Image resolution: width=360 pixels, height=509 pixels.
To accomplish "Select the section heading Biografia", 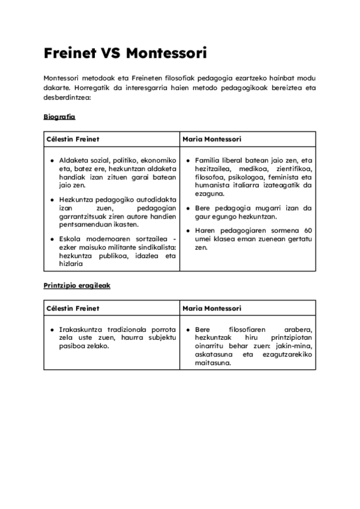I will (59, 116).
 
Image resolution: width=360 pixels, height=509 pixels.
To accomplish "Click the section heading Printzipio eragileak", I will (76, 286).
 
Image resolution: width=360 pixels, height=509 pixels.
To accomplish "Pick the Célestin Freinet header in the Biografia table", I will (73, 139).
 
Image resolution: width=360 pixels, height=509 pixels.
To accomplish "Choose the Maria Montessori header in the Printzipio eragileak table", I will (212, 309).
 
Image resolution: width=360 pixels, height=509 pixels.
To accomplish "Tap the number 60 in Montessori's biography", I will (308, 230).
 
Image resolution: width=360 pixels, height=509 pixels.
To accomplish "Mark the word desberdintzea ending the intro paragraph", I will (67, 96).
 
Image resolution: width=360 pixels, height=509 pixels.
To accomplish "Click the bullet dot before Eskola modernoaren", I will (52, 239).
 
